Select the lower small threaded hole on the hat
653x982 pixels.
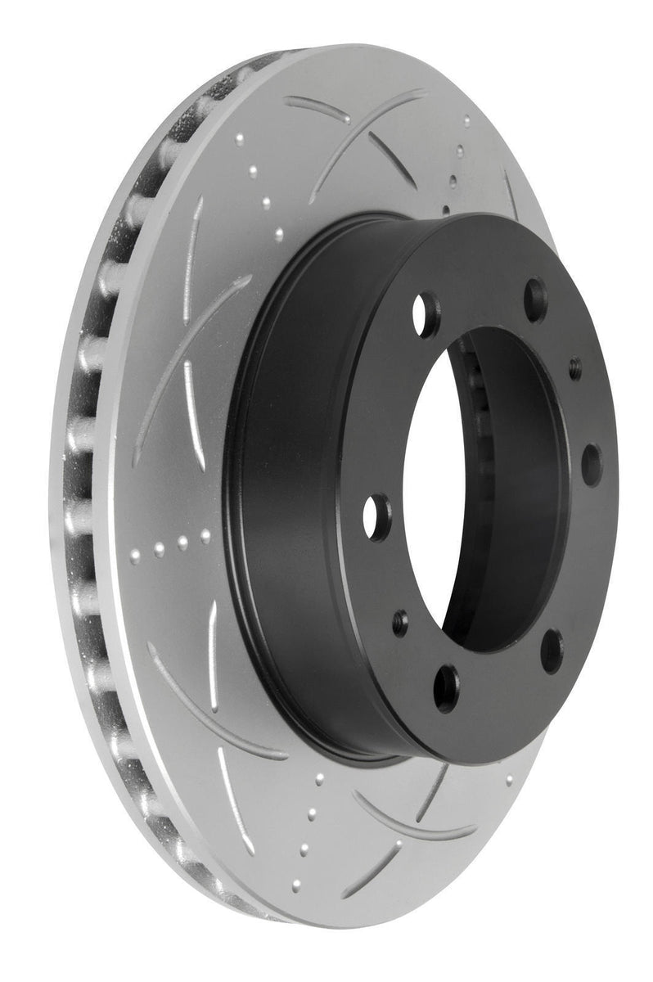click(x=400, y=619)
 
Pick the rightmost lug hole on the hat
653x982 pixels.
click(x=591, y=465)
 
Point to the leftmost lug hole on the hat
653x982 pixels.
click(x=378, y=517)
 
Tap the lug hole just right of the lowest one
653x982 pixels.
click(x=552, y=651)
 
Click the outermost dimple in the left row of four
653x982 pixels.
click(x=136, y=556)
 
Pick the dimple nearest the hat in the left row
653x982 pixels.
click(x=205, y=536)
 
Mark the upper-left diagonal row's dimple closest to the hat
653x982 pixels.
click(x=279, y=234)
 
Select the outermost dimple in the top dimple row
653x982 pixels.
click(x=467, y=123)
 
